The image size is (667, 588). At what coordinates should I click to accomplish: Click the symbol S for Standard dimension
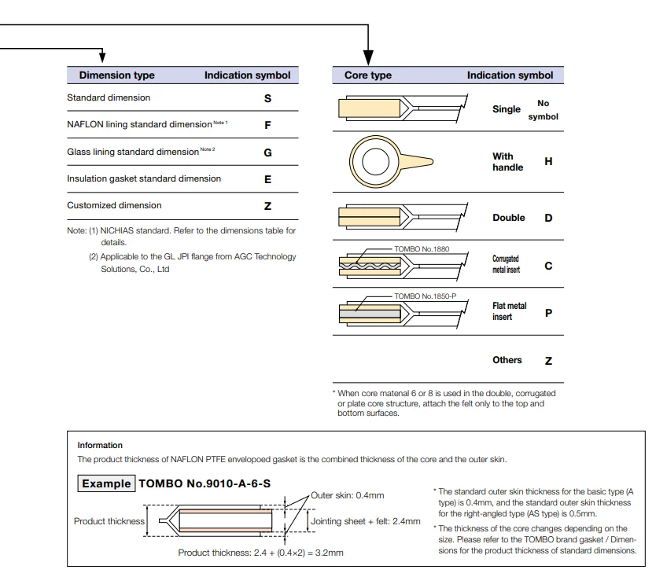(x=267, y=98)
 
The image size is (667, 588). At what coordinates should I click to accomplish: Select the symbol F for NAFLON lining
(x=267, y=125)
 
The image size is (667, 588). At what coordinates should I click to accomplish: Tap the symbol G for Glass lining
(x=267, y=153)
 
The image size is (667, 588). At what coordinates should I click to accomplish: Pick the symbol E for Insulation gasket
(x=267, y=179)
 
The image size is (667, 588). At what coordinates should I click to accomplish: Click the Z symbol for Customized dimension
(x=267, y=206)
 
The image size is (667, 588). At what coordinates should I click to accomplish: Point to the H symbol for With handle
(x=548, y=162)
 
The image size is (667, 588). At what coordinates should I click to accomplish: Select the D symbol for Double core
(x=548, y=218)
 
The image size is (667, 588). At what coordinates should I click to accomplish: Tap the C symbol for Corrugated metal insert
(x=548, y=266)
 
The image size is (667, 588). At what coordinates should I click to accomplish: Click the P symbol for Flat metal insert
(x=548, y=314)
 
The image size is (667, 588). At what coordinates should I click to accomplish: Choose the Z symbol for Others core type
(x=548, y=361)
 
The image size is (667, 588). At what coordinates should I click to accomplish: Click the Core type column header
(x=368, y=75)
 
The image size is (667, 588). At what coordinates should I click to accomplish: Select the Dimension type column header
(x=116, y=75)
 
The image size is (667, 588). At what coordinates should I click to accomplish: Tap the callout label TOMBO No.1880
(x=422, y=249)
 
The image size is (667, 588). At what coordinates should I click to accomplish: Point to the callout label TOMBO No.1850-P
(x=426, y=296)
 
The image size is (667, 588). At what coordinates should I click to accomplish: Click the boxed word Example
(x=106, y=483)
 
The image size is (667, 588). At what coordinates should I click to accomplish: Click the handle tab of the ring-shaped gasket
(x=417, y=161)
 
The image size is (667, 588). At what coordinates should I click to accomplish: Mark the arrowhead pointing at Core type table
(x=368, y=57)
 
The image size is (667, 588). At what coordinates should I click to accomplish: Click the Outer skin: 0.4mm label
(x=347, y=495)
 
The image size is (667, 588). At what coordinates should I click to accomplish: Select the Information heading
(x=100, y=445)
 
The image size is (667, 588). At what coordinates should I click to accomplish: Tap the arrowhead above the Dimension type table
(x=102, y=56)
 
